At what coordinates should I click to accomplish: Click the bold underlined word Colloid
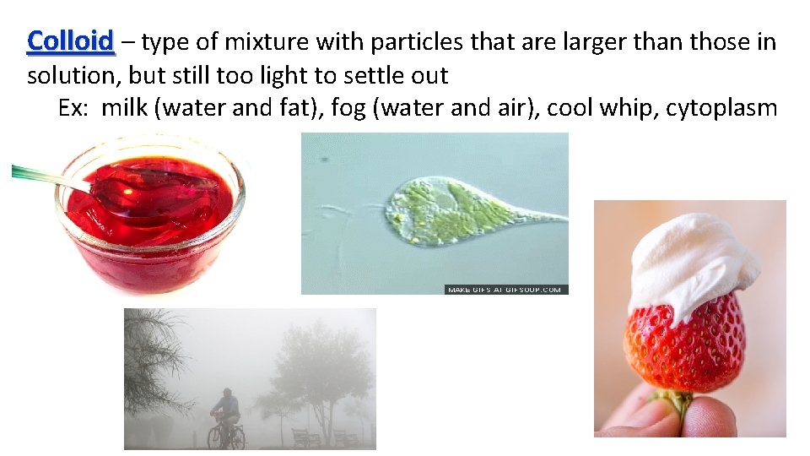[70, 41]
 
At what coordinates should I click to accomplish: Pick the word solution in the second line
[73, 75]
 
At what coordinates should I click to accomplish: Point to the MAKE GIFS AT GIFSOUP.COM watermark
[505, 290]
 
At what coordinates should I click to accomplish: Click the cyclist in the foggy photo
[224, 410]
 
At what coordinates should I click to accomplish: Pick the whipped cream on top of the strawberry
[688, 262]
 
